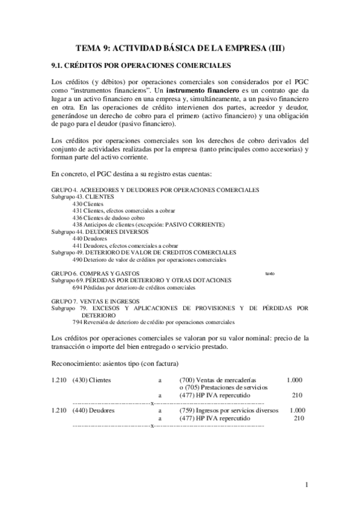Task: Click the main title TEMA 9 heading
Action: coord(180,48)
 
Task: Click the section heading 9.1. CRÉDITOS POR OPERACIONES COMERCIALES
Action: coord(141,65)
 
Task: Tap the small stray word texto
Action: coord(269,274)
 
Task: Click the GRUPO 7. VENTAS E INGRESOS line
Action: coord(95,301)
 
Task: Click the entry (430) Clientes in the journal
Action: coord(91,380)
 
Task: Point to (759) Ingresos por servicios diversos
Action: coord(229,410)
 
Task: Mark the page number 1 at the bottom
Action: coord(307,484)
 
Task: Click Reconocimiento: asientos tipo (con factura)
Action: coord(115,364)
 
